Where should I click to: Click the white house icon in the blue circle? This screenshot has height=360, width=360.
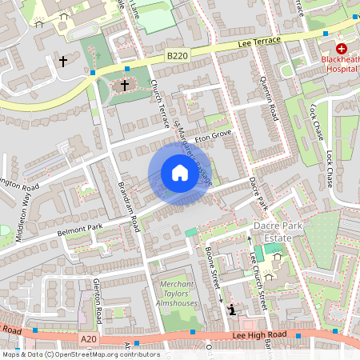point(180,174)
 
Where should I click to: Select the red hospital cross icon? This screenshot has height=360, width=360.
point(341,48)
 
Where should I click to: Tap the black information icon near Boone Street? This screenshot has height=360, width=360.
point(232,310)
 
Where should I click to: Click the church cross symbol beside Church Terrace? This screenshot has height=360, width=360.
point(125,84)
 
